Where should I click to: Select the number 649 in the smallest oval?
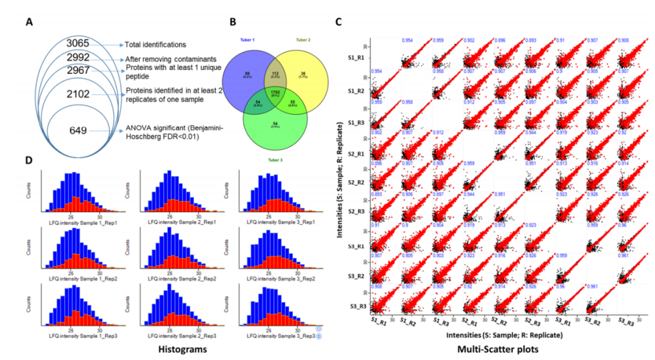[x=79, y=130]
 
